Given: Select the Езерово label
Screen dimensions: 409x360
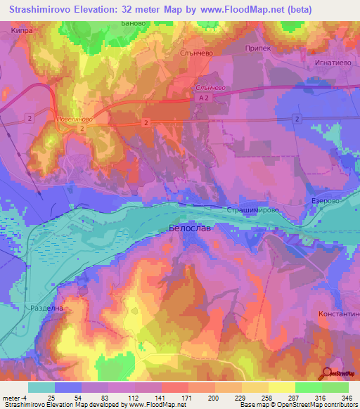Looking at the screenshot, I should coord(326,200).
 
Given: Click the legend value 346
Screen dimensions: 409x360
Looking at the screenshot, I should coord(342,398).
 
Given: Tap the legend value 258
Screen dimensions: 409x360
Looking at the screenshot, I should coord(265,398).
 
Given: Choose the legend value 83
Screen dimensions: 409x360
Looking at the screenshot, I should coord(110,398).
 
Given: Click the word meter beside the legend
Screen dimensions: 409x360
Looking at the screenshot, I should coord(13,398).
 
